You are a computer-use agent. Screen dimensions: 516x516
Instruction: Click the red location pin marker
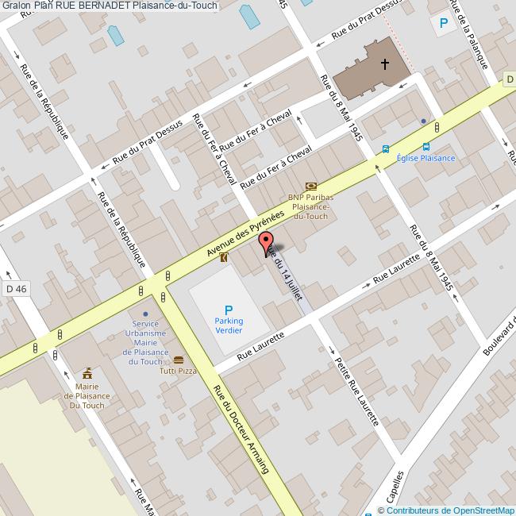tap(266, 243)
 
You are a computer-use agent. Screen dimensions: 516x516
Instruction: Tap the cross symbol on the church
tap(386, 64)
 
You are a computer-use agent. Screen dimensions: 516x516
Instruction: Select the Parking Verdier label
tap(229, 325)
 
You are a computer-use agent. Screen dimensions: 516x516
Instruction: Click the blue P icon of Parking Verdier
tap(229, 310)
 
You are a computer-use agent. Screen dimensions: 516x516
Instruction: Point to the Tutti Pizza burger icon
tap(178, 360)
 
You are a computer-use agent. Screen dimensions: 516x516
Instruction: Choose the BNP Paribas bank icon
tap(310, 185)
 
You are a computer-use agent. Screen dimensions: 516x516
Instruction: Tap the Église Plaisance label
tap(426, 158)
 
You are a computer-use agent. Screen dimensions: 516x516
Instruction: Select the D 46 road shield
tap(15, 289)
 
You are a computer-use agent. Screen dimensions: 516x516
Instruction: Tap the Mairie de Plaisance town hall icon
tap(87, 373)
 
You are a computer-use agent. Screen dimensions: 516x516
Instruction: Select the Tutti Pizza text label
tap(178, 372)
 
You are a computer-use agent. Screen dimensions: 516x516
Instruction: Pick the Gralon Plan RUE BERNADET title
tap(109, 6)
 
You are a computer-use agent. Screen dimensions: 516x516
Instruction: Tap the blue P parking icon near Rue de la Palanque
tap(442, 24)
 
